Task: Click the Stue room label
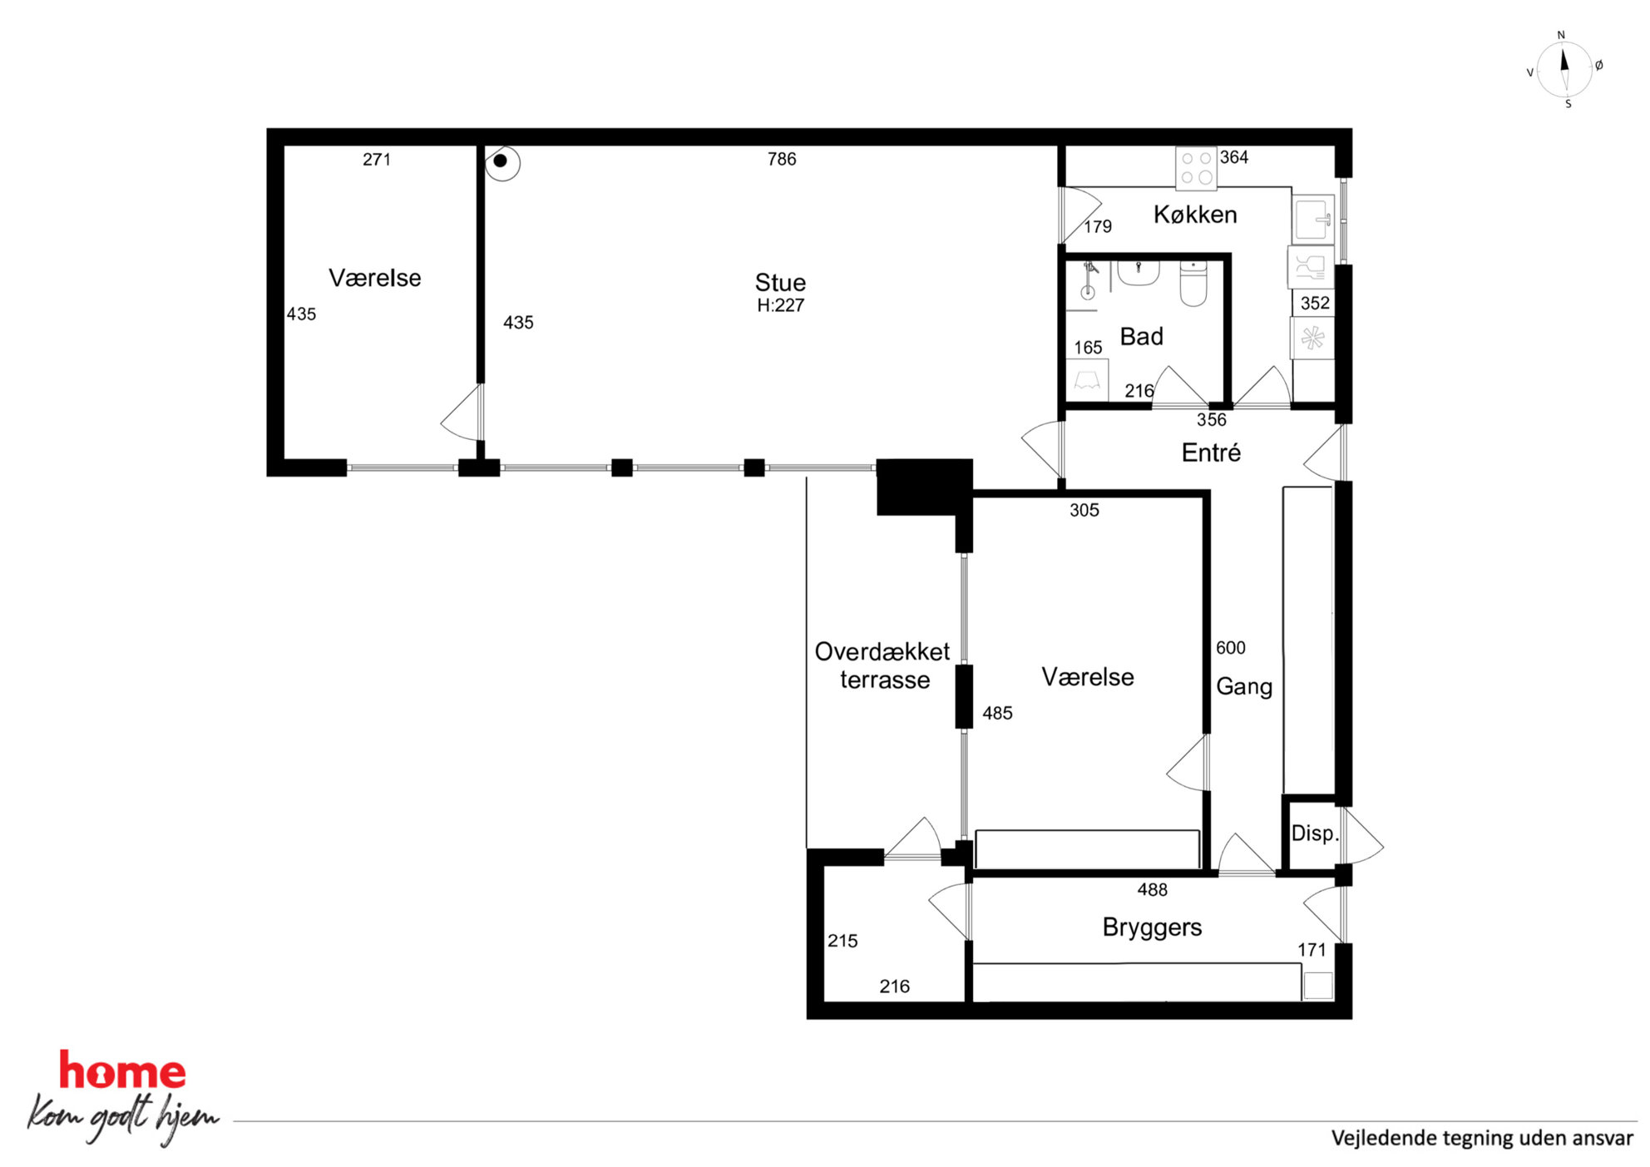pyautogui.click(x=780, y=282)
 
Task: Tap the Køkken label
pyautogui.click(x=1195, y=215)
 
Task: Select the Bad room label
pyautogui.click(x=1141, y=336)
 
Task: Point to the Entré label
pyautogui.click(x=1211, y=452)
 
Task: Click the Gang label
pyautogui.click(x=1244, y=687)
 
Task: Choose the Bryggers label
pyautogui.click(x=1152, y=927)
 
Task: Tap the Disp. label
pyautogui.click(x=1315, y=833)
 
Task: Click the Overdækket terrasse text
pyautogui.click(x=882, y=665)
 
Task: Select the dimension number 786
pyautogui.click(x=782, y=159)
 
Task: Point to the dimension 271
pyautogui.click(x=377, y=160)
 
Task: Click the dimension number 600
pyautogui.click(x=1231, y=648)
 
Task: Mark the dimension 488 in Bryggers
pyautogui.click(x=1153, y=890)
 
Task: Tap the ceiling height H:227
pyautogui.click(x=781, y=305)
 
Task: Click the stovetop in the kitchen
pyautogui.click(x=1196, y=168)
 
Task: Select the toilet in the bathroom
pyautogui.click(x=1193, y=283)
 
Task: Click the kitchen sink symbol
pyautogui.click(x=1313, y=218)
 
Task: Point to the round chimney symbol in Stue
pyautogui.click(x=501, y=162)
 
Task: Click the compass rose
pyautogui.click(x=1564, y=69)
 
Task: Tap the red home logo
pyautogui.click(x=122, y=1071)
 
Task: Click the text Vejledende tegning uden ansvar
pyautogui.click(x=1482, y=1138)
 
